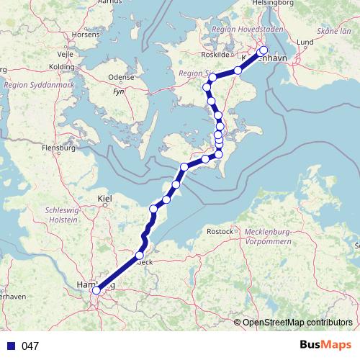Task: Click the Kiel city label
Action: [x=105, y=198]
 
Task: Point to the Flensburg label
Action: [x=59, y=148]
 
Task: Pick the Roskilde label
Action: [x=219, y=55]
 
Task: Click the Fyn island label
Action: [x=119, y=93]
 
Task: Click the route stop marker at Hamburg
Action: [x=96, y=290]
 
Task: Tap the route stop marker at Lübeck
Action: [x=140, y=256]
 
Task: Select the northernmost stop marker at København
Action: [x=263, y=50]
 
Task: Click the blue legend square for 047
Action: [x=11, y=346]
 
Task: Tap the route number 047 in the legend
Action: [x=30, y=346]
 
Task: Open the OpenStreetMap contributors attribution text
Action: [x=297, y=323]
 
